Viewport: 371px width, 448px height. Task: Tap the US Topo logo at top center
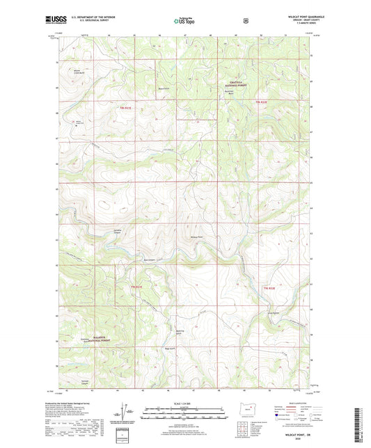(x=185, y=22)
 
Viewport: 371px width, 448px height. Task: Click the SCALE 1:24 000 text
(x=185, y=403)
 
